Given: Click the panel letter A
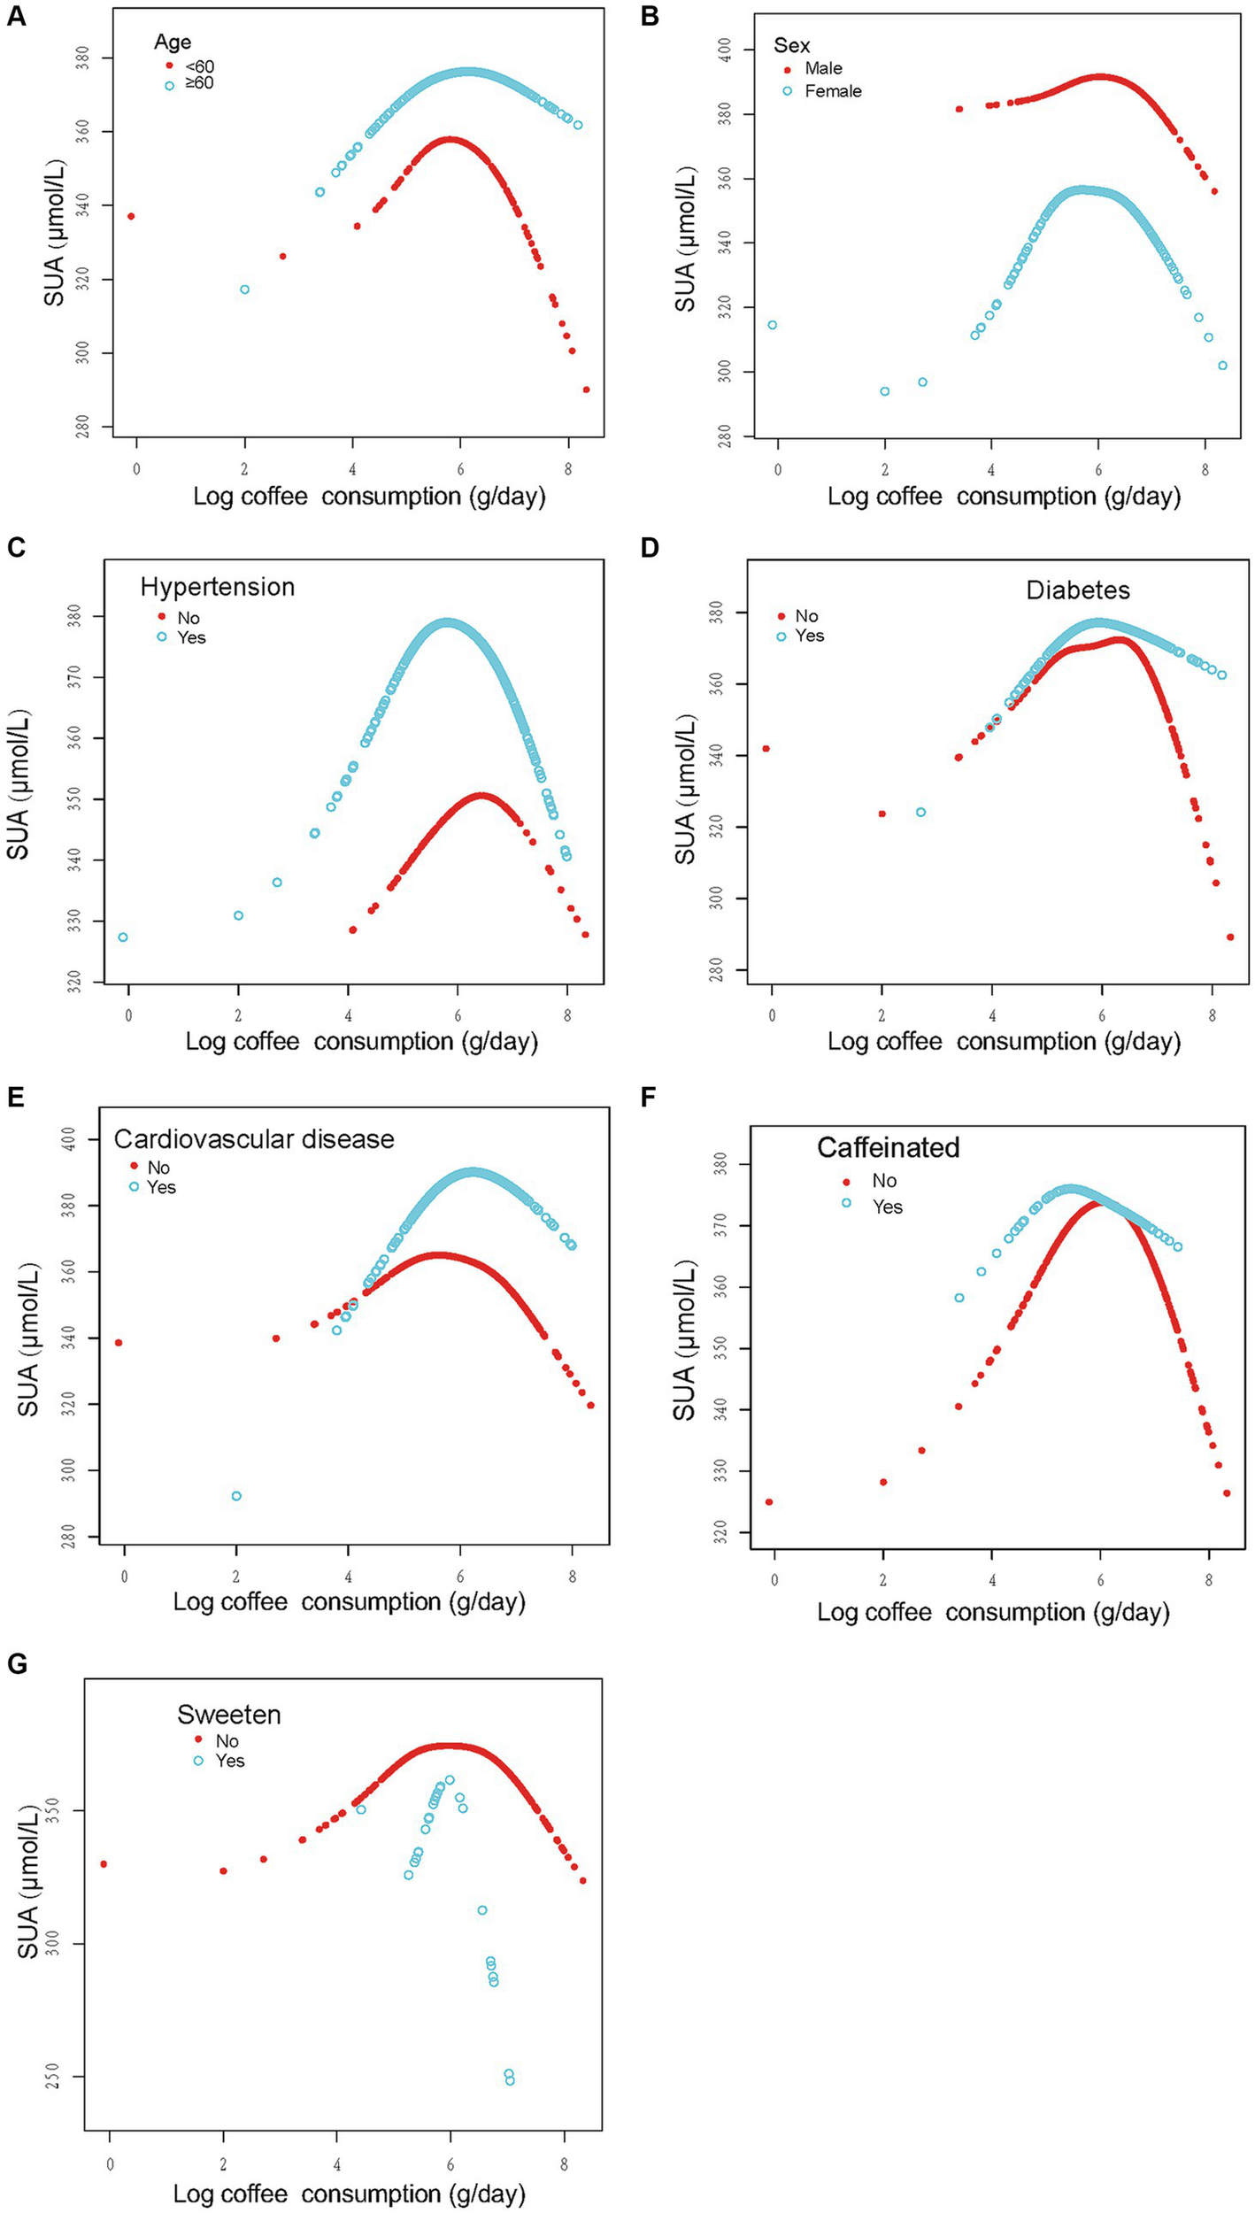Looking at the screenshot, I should coord(16,16).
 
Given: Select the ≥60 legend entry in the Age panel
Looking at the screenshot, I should coord(191,84).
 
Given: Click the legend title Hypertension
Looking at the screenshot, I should coord(217,587).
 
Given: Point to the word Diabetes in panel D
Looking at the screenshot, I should coord(1077,590).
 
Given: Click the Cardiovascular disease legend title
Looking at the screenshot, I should coord(254,1138).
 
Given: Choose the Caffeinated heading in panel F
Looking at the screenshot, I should coord(888,1147).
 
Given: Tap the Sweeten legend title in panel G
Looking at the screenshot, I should coord(228,1715).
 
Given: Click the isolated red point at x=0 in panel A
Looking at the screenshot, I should coord(131,216).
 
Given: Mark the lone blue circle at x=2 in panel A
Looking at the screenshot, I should coord(244,289).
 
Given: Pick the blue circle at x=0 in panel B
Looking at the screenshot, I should coord(772,325).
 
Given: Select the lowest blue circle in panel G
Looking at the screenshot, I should coord(510,2080).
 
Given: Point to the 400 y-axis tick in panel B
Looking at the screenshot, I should coord(725,50).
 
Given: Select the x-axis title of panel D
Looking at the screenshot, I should coord(1004,1041).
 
